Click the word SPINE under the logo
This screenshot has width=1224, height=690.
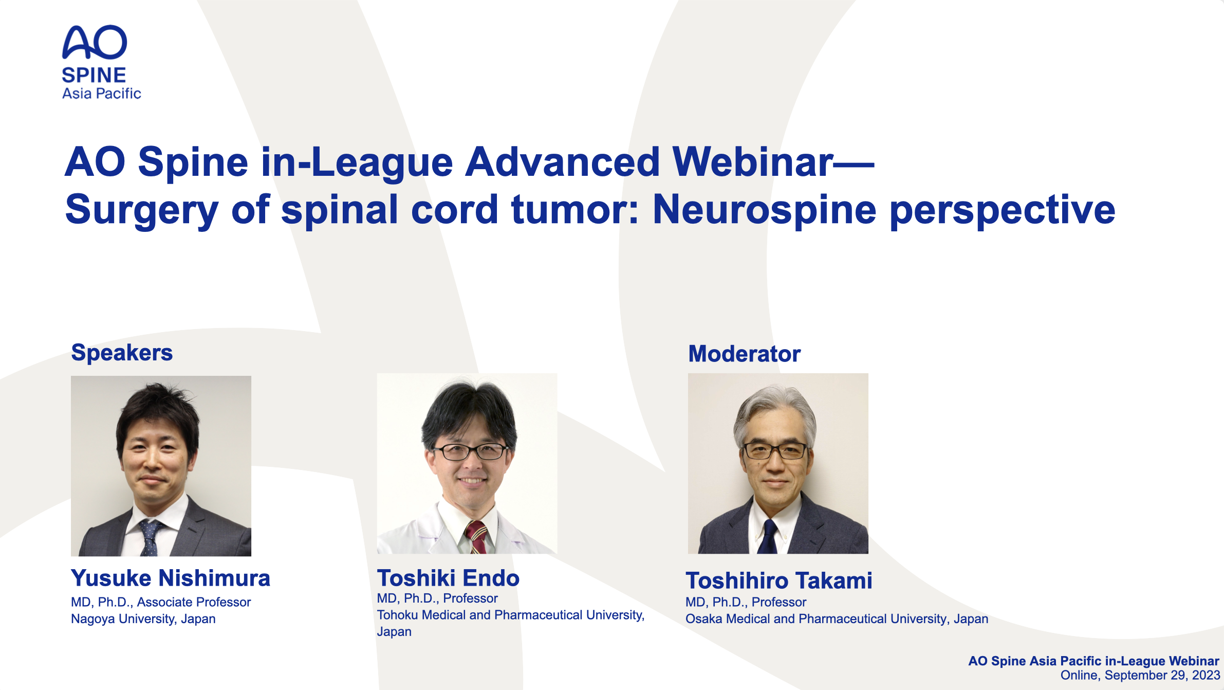tap(94, 76)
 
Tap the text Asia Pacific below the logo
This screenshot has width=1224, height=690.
tap(101, 94)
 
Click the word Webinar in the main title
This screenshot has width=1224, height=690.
tap(752, 162)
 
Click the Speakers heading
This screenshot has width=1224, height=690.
tap(122, 353)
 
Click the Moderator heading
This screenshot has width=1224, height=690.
tap(745, 354)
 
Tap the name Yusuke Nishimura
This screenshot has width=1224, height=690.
tap(171, 578)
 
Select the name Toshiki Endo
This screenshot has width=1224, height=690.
tap(449, 578)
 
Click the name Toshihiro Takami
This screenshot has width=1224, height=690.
tap(779, 580)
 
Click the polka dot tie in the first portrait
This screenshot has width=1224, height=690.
tap(149, 538)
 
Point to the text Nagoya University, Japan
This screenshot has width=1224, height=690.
tap(143, 619)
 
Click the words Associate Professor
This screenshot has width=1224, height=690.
tap(194, 602)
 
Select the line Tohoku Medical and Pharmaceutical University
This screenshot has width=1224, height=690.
tap(511, 615)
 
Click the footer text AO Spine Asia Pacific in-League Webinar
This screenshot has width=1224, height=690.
tap(1094, 661)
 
